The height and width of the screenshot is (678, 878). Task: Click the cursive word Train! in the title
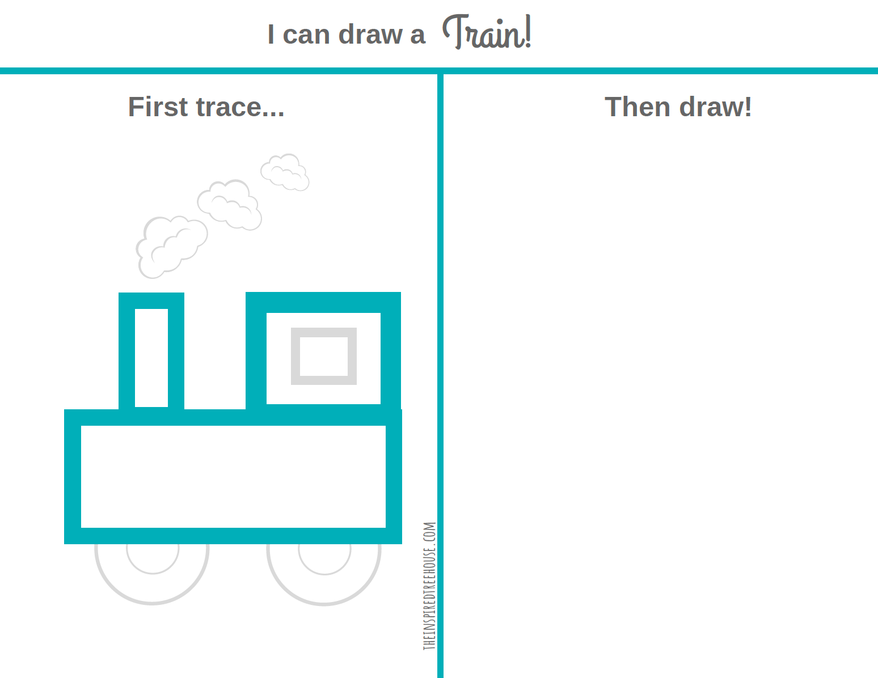(x=487, y=33)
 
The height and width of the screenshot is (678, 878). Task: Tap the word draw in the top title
(x=370, y=35)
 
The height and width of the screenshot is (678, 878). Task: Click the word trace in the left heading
(x=229, y=107)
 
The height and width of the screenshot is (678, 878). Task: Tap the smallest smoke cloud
(x=285, y=172)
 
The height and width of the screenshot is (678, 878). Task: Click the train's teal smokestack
(x=126, y=351)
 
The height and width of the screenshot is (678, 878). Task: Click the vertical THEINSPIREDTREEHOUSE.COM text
(x=429, y=586)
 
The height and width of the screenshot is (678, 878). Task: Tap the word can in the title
(x=306, y=35)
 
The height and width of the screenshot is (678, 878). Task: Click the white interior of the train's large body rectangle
(x=233, y=476)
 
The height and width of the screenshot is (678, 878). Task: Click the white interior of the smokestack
(x=151, y=357)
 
